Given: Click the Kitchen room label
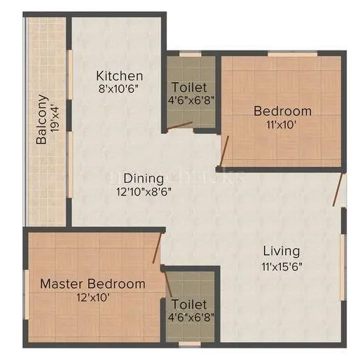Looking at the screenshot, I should click(120, 76).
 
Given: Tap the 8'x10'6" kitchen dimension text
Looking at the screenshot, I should click(120, 88).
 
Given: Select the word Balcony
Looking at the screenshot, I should click(42, 119).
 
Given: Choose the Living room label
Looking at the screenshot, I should click(281, 250).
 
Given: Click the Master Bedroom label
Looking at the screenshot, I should click(92, 284).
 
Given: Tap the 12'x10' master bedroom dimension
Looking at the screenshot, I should click(92, 297).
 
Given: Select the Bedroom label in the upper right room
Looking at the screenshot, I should click(282, 111).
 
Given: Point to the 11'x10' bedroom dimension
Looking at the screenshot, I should click(282, 124).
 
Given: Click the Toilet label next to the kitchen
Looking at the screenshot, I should click(189, 87).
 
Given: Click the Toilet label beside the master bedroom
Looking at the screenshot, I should click(189, 304).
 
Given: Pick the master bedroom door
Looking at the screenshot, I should click(158, 248).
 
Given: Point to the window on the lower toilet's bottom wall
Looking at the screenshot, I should click(189, 344).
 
